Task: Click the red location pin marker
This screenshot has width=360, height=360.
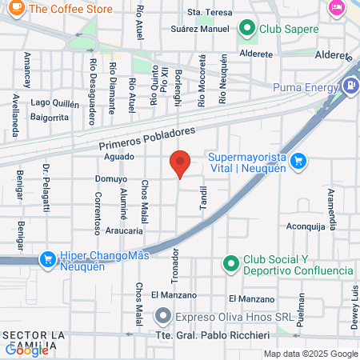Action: pyautogui.click(x=180, y=165)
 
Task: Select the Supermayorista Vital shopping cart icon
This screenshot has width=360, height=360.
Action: pyautogui.click(x=299, y=161)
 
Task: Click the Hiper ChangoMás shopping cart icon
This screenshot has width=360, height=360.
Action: pyautogui.click(x=46, y=259)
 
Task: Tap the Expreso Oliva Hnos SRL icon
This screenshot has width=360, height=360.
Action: pyautogui.click(x=163, y=316)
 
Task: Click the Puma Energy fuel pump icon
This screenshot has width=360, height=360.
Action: pyautogui.click(x=349, y=86)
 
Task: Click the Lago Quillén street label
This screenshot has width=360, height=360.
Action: pyautogui.click(x=55, y=102)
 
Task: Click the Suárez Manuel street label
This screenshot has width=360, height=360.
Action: pyautogui.click(x=200, y=28)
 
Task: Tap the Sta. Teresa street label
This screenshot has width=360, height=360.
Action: pyautogui.click(x=209, y=14)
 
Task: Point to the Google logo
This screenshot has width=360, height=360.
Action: pyautogui.click(x=27, y=350)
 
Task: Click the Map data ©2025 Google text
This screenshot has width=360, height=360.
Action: pyautogui.click(x=311, y=354)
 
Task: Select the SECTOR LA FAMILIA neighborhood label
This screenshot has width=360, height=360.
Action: pyautogui.click(x=35, y=339)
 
